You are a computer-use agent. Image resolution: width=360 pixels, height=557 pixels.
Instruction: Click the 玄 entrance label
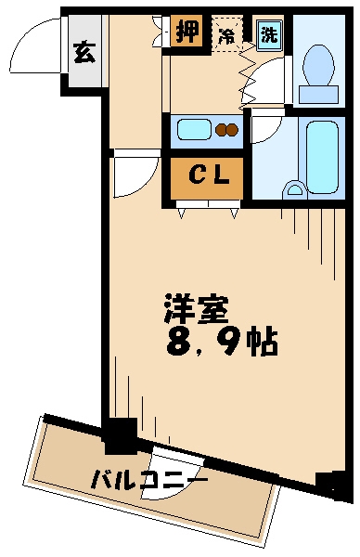tap(83, 52)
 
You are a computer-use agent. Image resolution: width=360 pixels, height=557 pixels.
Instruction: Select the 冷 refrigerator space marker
tap(226, 36)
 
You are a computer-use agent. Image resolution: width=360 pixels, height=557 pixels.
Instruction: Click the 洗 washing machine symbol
tap(268, 35)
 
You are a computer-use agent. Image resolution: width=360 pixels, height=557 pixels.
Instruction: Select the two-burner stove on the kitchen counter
tap(227, 129)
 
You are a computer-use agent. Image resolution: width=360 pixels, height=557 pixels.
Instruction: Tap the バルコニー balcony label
tap(148, 480)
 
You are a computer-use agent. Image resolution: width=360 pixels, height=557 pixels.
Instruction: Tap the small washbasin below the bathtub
tap(296, 190)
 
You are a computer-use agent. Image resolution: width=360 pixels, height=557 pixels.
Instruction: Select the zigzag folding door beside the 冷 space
tap(248, 74)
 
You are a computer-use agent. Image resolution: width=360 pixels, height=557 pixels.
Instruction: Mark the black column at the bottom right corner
tap(326, 484)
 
